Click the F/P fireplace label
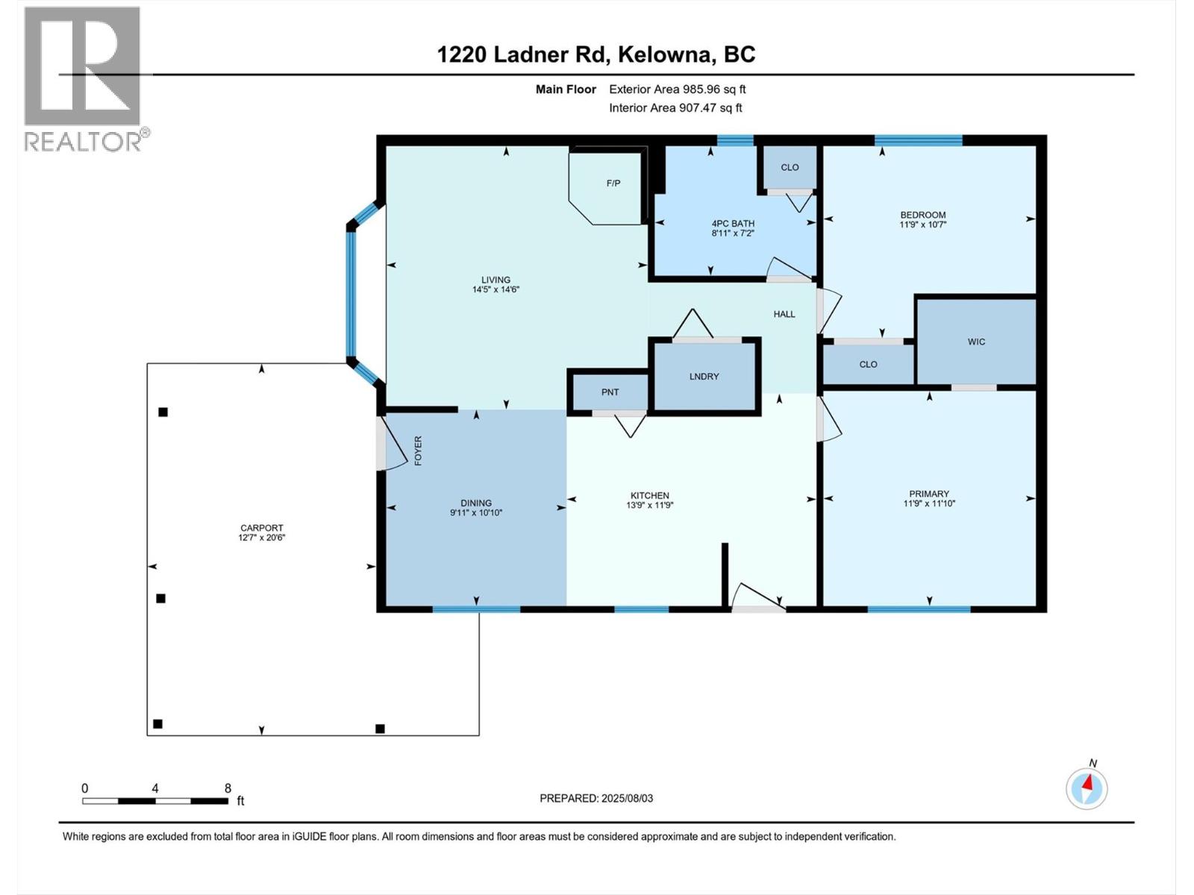click(613, 183)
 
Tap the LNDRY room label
click(704, 376)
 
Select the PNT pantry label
click(610, 392)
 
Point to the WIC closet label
click(976, 342)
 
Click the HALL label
click(784, 313)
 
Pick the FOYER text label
click(418, 450)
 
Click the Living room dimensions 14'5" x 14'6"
click(496, 289)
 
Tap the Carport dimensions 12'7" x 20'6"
click(262, 538)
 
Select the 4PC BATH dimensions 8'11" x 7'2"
click(733, 233)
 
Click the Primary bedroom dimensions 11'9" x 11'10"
click(929, 503)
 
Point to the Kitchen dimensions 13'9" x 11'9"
click(649, 505)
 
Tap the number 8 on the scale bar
click(228, 788)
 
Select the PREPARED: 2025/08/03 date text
click(596, 798)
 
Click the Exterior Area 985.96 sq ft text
click(678, 89)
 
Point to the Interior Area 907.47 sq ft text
click(675, 107)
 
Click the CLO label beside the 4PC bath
click(790, 167)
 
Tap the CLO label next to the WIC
click(868, 364)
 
